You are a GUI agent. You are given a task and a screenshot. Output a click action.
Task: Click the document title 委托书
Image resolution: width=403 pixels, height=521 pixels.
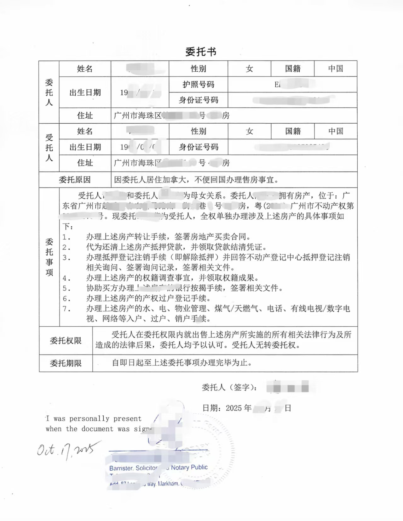point(201,52)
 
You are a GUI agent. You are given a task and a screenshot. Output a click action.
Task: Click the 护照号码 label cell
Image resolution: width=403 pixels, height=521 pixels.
point(198,84)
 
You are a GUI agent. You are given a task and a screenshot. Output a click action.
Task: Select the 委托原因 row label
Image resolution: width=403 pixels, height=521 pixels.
point(75,180)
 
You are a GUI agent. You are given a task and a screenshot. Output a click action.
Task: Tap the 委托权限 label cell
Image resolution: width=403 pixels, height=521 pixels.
point(66,340)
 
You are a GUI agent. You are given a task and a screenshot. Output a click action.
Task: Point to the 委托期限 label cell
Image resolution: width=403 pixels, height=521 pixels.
point(66,363)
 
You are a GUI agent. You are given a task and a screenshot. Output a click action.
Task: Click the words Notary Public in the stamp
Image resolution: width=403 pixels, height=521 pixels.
point(189,467)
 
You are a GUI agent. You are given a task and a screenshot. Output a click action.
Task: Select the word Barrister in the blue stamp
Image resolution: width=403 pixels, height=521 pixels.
point(121,468)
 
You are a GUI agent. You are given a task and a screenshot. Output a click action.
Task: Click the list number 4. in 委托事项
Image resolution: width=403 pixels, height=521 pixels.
point(66,278)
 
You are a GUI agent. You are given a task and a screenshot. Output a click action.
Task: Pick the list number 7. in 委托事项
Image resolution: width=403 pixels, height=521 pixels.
point(66,309)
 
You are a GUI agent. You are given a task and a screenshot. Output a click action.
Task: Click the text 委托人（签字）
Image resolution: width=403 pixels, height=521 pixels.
point(229,388)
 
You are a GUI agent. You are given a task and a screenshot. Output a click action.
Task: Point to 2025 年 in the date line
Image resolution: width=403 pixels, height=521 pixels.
point(239,408)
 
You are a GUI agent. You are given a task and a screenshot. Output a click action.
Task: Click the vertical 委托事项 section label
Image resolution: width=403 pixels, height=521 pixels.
point(49,257)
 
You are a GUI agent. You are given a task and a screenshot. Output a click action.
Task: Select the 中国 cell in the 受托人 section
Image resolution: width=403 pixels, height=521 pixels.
point(336,131)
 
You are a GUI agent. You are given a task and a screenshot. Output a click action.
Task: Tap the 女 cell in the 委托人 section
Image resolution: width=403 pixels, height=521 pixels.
point(249,69)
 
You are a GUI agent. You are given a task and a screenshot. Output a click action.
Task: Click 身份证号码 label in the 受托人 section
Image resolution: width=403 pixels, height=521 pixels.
point(198,147)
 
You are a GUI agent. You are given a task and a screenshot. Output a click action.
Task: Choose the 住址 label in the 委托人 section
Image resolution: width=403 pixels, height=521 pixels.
point(85,115)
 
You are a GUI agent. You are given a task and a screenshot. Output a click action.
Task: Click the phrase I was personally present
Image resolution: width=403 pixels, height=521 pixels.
point(94,418)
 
